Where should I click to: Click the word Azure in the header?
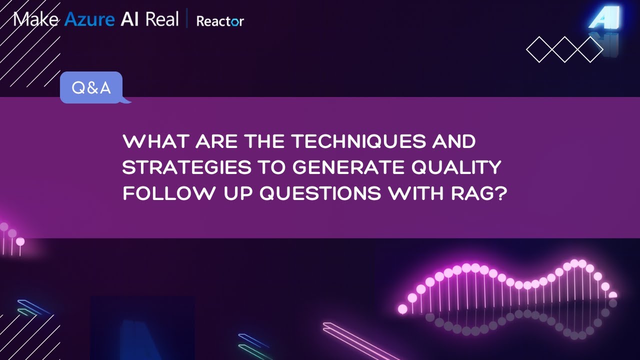click(x=88, y=19)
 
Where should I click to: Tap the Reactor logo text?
click(x=220, y=21)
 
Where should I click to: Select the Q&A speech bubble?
click(x=91, y=88)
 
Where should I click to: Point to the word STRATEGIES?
click(x=186, y=167)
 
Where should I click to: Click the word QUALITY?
click(x=459, y=167)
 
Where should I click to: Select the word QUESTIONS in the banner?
click(x=320, y=193)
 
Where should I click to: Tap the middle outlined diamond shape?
click(x=565, y=49)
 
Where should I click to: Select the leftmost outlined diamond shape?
click(x=540, y=49)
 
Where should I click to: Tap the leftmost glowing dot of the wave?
click(x=402, y=309)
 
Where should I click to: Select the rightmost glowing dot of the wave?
click(x=613, y=295)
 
